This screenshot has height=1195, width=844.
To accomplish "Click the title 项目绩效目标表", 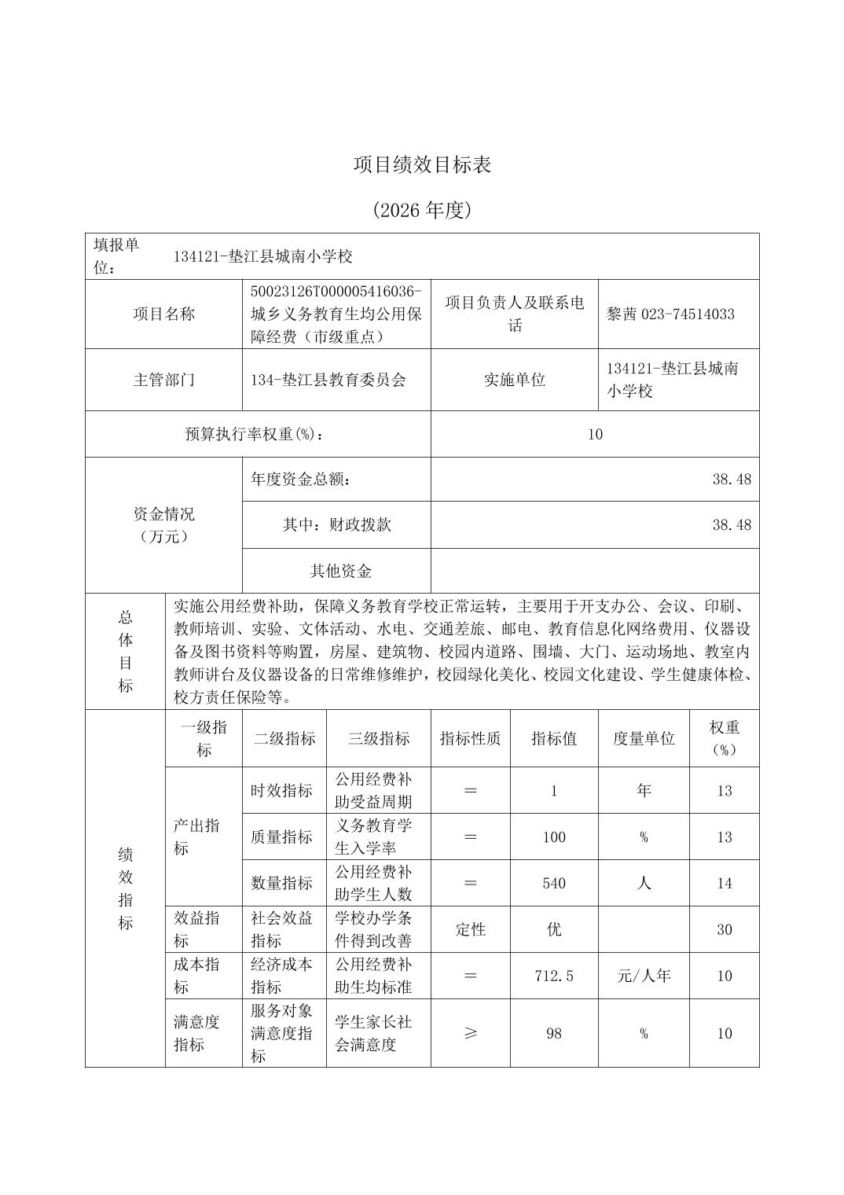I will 422,165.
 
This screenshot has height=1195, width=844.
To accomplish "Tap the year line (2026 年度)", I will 422,211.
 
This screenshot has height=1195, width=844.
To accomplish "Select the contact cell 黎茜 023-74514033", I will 670,314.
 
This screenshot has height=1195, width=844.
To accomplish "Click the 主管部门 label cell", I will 163,380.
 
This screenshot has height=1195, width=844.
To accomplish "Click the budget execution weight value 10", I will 595,434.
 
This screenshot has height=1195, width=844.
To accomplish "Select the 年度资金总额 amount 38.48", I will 732,480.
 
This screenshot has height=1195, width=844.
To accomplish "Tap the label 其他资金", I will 340,572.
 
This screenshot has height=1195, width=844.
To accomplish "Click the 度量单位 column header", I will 644,738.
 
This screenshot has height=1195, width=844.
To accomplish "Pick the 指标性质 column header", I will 470,738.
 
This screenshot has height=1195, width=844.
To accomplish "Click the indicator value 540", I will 554,884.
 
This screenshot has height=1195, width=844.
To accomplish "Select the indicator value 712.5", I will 554,976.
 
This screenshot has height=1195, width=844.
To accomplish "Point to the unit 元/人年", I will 644,976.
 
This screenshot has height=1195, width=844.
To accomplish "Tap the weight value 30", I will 725,930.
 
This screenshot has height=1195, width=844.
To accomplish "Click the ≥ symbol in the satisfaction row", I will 470,1033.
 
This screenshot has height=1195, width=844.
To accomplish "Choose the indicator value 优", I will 554,930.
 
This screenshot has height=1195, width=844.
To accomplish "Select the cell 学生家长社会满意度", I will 373,1033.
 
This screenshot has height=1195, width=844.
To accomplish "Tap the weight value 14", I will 725,884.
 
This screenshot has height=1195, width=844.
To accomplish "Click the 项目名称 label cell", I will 163,314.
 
